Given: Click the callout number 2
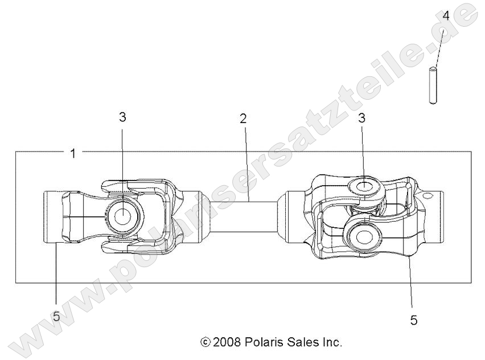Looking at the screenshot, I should pyautogui.click(x=243, y=119).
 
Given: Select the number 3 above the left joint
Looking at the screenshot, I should pyautogui.click(x=122, y=117).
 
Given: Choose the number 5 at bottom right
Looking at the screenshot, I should pyautogui.click(x=413, y=320).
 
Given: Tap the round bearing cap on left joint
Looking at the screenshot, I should pyautogui.click(x=123, y=216).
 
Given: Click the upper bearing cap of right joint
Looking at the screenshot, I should pyautogui.click(x=363, y=186).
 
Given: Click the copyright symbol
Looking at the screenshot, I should pyautogui.click(x=205, y=343).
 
